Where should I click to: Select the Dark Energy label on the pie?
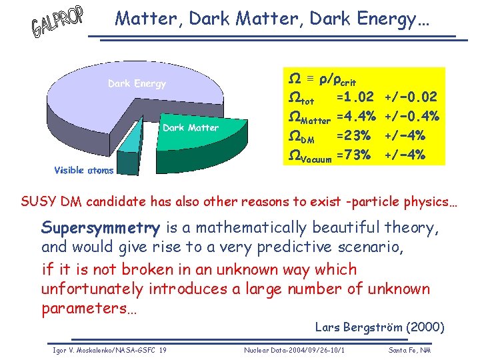pyautogui.click(x=137, y=84)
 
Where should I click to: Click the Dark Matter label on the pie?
pyautogui.click(x=191, y=127)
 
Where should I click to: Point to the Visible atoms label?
pyautogui.click(x=83, y=171)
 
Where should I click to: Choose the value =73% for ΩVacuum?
pyautogui.click(x=353, y=155)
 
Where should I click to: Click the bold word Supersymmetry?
pyautogui.click(x=100, y=228)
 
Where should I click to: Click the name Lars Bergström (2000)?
pyautogui.click(x=379, y=327)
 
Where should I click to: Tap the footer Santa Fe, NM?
pyautogui.click(x=409, y=350)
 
